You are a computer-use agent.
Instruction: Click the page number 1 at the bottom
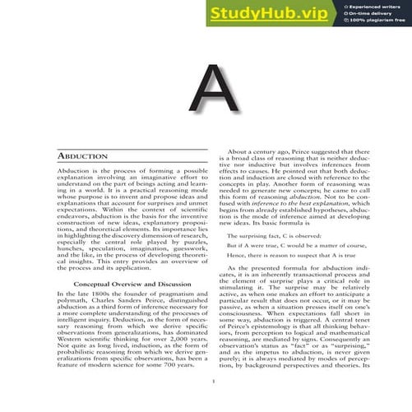(x=212, y=380)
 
